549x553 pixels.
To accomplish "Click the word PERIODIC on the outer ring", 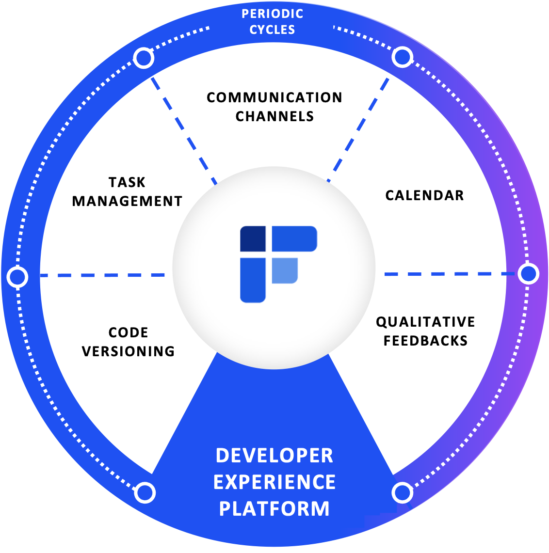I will pos(272,14).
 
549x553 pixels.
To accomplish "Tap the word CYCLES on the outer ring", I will pos(272,30).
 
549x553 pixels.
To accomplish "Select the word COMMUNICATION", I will pos(274,97).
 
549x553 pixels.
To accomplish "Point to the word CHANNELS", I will pos(274,116).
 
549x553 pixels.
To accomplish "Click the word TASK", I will pos(127,182).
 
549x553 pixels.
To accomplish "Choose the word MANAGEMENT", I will pos(127,201).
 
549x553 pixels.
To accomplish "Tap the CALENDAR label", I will pos(424,195).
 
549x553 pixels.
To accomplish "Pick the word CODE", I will pos(128,332).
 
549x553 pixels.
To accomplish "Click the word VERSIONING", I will pos(128,351).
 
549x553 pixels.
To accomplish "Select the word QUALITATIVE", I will pos(425,322).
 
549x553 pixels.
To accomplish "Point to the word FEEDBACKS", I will pos(425,341).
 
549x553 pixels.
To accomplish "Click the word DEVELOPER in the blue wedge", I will pos(274,456).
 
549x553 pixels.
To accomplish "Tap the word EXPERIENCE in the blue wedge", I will pos(274,482).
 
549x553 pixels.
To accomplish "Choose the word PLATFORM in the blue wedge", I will pos(274,509).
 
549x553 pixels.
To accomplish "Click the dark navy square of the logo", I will pos(253,238).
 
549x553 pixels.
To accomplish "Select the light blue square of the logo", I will pos(284,270).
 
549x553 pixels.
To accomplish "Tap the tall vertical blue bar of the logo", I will pos(253,280).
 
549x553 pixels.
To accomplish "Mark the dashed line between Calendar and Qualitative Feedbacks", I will pos(449,274).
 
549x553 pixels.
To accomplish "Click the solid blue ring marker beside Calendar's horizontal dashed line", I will pos(528,274).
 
